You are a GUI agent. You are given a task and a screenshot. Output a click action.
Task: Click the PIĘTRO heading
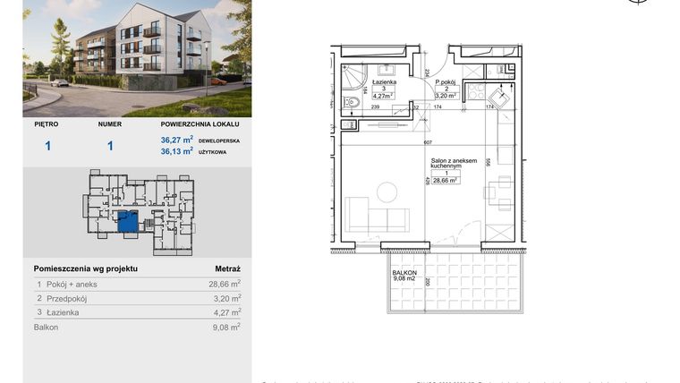point(47,125)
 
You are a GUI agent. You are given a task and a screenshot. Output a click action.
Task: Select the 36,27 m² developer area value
point(176,140)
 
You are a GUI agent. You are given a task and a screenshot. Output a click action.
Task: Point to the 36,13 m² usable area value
point(176,151)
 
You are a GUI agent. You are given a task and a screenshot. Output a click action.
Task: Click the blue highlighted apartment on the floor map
point(129,221)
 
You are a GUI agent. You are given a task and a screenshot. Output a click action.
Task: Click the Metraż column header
point(227,268)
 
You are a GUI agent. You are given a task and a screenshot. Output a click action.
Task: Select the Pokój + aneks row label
point(68,284)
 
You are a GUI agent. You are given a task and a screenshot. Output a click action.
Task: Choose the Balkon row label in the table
point(46,328)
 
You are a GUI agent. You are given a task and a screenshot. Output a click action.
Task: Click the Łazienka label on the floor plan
point(383,81)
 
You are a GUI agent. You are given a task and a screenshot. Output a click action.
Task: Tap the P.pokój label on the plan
point(446,81)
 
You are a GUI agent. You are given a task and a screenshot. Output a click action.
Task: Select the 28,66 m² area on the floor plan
point(446,180)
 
